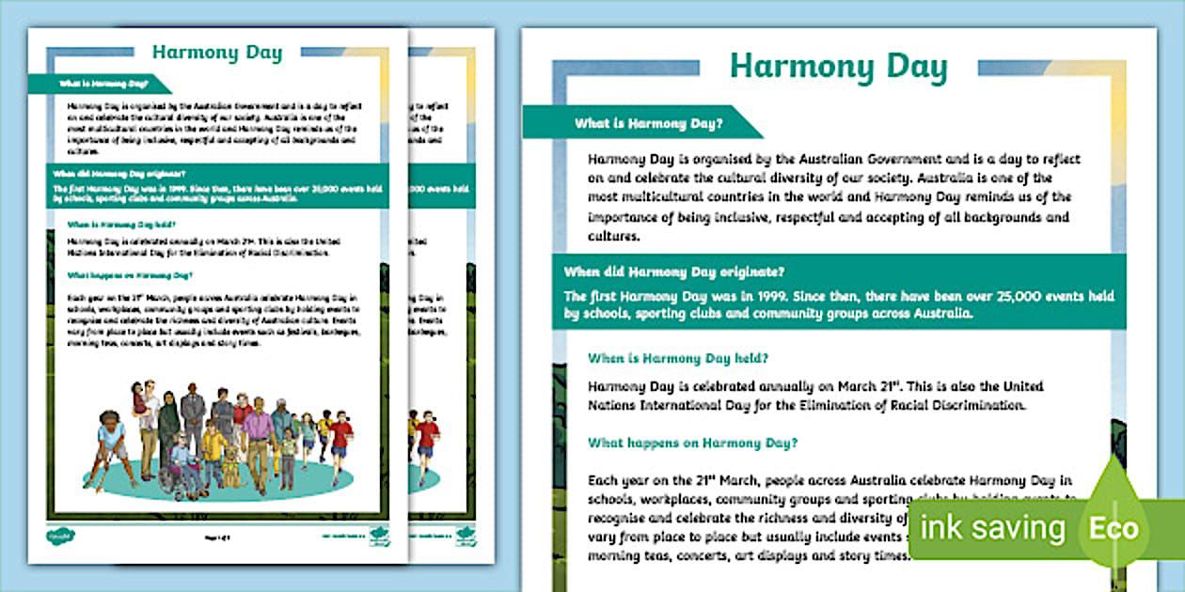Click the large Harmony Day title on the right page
pyautogui.click(x=838, y=69)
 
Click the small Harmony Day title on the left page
pyautogui.click(x=217, y=53)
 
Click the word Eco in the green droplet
pyautogui.click(x=1114, y=528)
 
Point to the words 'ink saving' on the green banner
pyautogui.click(x=993, y=528)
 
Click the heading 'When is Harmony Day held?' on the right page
pyautogui.click(x=678, y=358)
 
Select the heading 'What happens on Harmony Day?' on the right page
pyautogui.click(x=693, y=442)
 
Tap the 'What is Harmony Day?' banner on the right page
pyautogui.click(x=649, y=123)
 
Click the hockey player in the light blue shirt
pyautogui.click(x=109, y=446)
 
